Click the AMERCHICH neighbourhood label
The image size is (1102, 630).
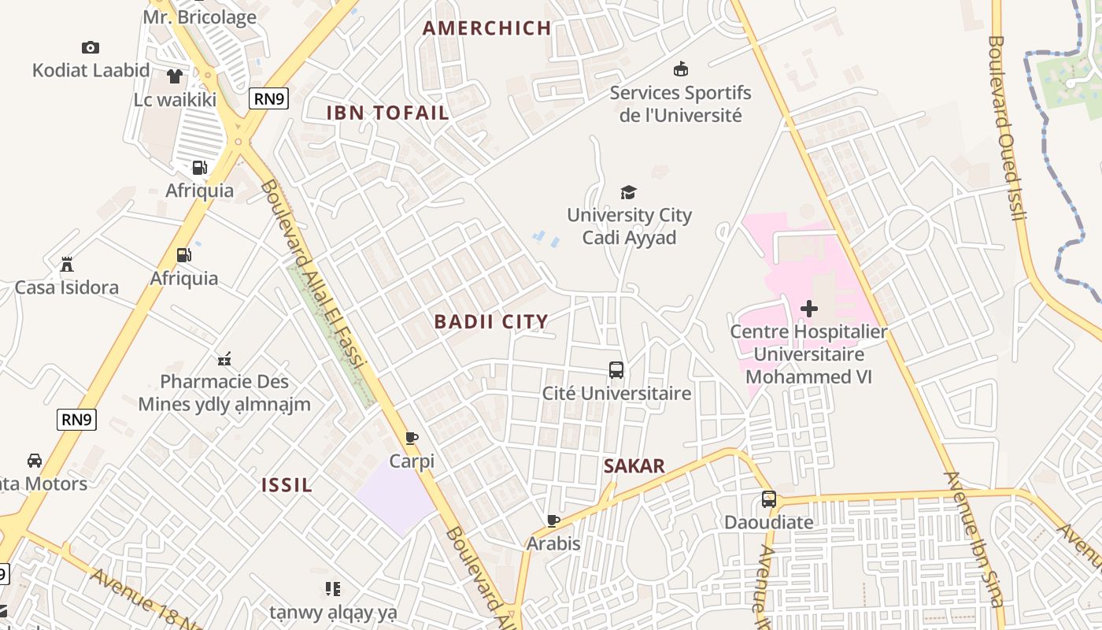point(486,28)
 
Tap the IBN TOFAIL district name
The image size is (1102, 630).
point(387,113)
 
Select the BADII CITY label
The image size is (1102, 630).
point(491,321)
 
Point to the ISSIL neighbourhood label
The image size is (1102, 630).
point(287,485)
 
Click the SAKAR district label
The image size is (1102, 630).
point(634,466)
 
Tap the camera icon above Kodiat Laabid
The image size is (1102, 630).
point(91,48)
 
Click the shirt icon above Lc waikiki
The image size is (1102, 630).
point(175,76)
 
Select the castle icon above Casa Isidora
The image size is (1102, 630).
point(67,265)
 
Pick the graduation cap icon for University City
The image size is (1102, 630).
point(628,192)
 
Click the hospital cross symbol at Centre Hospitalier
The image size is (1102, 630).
point(808,309)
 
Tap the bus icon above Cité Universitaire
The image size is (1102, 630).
point(616,370)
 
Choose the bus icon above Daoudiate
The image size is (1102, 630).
point(768,499)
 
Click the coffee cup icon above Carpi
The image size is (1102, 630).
point(411,439)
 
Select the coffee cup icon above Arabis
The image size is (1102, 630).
point(553,521)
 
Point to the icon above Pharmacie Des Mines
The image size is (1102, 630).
point(224,359)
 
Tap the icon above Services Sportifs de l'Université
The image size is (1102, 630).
point(681,69)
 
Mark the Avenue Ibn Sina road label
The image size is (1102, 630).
point(974,539)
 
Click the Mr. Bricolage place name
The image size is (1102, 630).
point(200,17)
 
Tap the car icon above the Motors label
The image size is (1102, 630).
point(35,461)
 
